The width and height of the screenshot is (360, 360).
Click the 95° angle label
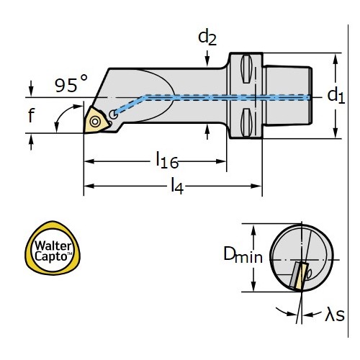(x=71, y=84)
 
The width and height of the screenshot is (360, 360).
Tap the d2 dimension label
(x=207, y=38)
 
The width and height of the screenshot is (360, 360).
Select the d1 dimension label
(x=336, y=96)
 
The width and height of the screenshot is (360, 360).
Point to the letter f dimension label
(x=31, y=115)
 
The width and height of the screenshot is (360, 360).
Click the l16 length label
(x=167, y=160)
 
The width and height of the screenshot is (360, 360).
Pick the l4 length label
(x=177, y=186)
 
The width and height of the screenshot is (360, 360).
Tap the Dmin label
(x=243, y=255)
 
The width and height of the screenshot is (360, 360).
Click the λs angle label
(x=335, y=315)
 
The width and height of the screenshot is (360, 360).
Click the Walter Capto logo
(x=53, y=248)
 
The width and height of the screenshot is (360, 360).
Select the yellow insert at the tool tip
(x=95, y=120)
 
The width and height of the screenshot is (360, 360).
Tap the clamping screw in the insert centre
(x=95, y=122)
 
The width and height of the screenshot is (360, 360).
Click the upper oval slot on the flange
(x=246, y=69)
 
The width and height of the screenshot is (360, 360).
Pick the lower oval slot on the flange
(x=246, y=122)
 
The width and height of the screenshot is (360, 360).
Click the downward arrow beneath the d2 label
(x=207, y=58)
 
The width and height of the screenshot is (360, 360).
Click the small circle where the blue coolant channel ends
(x=113, y=114)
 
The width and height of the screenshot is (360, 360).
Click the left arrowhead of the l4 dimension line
(x=89, y=186)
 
